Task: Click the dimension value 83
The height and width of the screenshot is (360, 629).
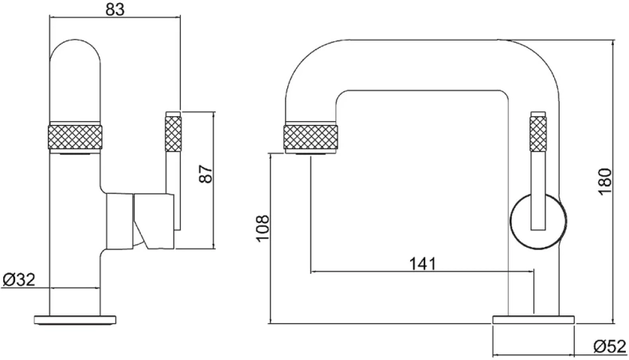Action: coord(115,9)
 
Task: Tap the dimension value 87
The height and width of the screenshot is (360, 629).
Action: coord(206,174)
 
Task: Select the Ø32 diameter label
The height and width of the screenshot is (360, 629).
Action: coord(19,280)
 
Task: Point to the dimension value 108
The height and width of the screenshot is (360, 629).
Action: coord(263,228)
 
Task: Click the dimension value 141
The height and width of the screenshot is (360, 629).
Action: coord(422,264)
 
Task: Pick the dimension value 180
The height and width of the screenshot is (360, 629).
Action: coord(604,182)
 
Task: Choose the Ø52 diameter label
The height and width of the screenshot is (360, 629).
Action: coord(610,346)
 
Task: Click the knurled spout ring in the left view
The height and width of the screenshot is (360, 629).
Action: coord(75,139)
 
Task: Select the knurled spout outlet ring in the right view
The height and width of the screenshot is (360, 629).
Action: coord(311,139)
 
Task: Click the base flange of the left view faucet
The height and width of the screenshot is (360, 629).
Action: coord(76,320)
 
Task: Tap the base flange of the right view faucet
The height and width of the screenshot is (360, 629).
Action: coord(533,320)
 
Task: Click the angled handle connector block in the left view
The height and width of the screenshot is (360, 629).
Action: coord(154,221)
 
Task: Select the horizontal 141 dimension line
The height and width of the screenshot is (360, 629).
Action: coord(423,272)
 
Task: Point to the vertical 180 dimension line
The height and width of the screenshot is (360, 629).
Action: coord(613,182)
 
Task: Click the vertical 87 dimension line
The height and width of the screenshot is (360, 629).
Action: coord(214,180)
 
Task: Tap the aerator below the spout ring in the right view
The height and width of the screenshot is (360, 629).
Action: coord(311,154)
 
